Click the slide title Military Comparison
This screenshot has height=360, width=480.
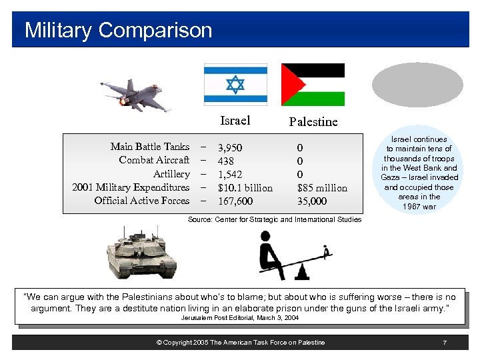pyautogui.click(x=118, y=30)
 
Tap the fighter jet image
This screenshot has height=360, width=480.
pyautogui.click(x=135, y=94)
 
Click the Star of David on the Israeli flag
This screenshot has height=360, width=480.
pyautogui.click(x=235, y=85)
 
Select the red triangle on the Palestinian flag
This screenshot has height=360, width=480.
pyautogui.click(x=291, y=85)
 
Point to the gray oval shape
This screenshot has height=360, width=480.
pyautogui.click(x=417, y=85)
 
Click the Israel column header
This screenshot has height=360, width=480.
pyautogui.click(x=235, y=121)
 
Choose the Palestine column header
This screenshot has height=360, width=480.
pyautogui.click(x=313, y=122)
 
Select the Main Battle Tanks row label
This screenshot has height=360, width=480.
pyautogui.click(x=150, y=147)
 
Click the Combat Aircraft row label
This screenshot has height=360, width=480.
pyautogui.click(x=154, y=160)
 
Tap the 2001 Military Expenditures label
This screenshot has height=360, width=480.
pyautogui.click(x=131, y=187)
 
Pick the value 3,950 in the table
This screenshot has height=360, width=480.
pyautogui.click(x=230, y=147)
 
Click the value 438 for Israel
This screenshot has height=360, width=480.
pyautogui.click(x=225, y=161)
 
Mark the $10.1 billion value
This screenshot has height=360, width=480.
pyautogui.click(x=245, y=188)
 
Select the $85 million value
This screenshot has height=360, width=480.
pyautogui.click(x=322, y=188)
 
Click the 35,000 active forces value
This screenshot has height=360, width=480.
pyautogui.click(x=311, y=201)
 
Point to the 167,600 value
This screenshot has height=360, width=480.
pyautogui.click(x=235, y=201)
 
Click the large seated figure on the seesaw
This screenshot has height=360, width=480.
pyautogui.click(x=270, y=253)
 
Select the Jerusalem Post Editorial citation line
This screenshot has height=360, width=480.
pyautogui.click(x=240, y=318)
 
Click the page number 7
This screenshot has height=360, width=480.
pyautogui.click(x=444, y=342)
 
